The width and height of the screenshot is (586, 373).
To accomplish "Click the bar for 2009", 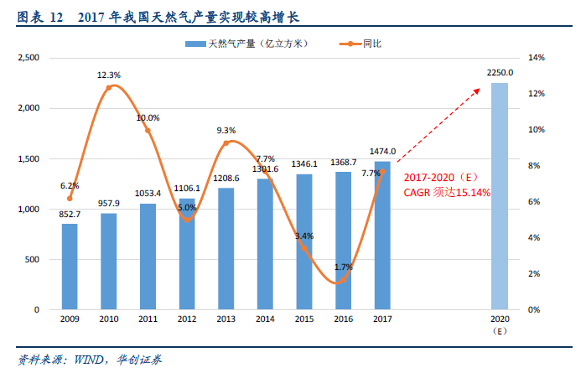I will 70,267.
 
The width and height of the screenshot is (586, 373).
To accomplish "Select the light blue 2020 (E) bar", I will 499,196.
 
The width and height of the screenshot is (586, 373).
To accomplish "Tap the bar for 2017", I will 382,236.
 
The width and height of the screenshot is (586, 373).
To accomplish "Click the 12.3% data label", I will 109,75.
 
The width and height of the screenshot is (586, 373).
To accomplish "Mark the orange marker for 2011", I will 148,130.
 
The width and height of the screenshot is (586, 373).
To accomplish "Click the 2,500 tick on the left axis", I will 28,58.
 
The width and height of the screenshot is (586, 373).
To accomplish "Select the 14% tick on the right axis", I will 536,58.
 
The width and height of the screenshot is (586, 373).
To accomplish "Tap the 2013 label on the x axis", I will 226,319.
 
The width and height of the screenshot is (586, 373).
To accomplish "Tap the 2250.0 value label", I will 500,74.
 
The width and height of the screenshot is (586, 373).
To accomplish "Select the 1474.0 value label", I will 382,151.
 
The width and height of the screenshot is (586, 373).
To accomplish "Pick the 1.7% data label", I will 344,267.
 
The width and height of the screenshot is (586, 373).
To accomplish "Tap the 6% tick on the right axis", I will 533,202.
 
